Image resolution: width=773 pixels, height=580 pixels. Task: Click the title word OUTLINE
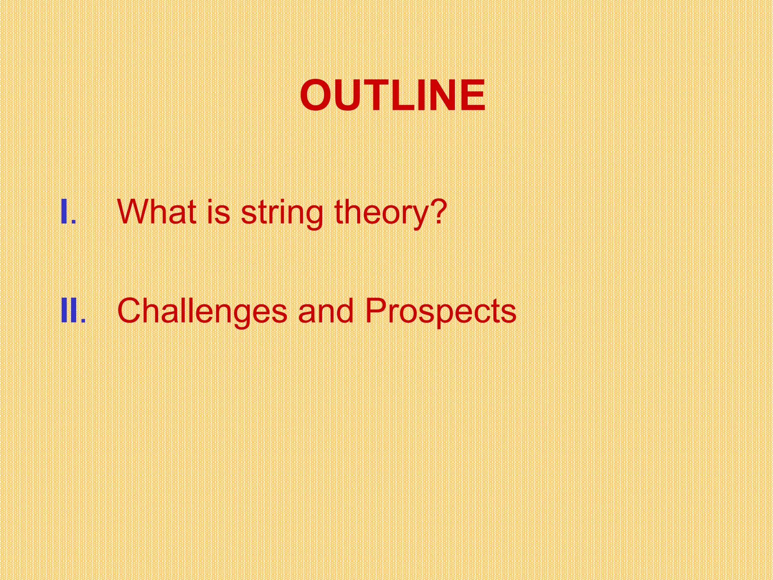(x=393, y=96)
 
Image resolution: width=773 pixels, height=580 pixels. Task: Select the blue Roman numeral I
(x=64, y=212)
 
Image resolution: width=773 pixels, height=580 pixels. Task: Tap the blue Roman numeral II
(x=69, y=311)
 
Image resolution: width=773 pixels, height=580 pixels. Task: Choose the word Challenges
(x=202, y=312)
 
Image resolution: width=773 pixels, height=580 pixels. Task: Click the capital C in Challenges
(x=130, y=311)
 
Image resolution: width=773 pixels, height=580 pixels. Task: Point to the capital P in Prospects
(x=377, y=311)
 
